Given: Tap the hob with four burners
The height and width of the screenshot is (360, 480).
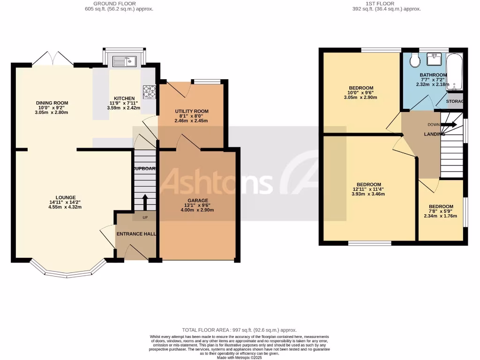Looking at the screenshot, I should pyautogui.click(x=149, y=91).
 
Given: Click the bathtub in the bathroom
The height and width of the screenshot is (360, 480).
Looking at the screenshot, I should pyautogui.click(x=454, y=72).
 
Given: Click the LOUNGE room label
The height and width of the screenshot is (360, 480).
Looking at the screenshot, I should pyautogui.click(x=66, y=197).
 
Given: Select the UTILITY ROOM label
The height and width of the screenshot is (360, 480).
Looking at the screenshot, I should pyautogui.click(x=191, y=112).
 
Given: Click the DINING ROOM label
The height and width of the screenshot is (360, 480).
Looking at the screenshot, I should pyautogui.click(x=52, y=103).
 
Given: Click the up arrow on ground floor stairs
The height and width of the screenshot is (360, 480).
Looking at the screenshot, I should pyautogui.click(x=144, y=202).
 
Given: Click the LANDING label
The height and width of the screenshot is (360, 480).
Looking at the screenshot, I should pyautogui.click(x=431, y=135).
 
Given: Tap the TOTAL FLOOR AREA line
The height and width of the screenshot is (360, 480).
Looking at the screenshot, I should pyautogui.click(x=239, y=330).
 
